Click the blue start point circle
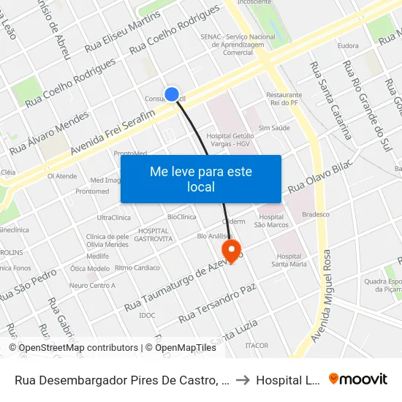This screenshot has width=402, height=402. click(172, 94)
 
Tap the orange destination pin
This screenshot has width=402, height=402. click(232, 252)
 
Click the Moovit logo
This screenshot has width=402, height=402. click(358, 379)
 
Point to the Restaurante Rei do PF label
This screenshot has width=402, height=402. click(284, 99)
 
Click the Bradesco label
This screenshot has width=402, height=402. click(316, 214)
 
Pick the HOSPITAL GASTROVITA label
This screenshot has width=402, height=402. click(155, 235)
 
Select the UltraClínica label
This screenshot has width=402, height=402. click(113, 218)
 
